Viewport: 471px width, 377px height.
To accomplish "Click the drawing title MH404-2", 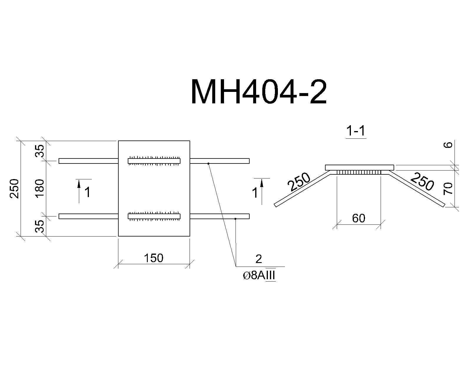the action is pyautogui.click(x=259, y=92).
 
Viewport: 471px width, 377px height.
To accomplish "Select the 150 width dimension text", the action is pyautogui.click(x=154, y=258).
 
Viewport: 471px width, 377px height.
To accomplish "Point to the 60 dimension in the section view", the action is pyautogui.click(x=359, y=218).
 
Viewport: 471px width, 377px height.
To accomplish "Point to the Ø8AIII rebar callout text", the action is pyautogui.click(x=259, y=276).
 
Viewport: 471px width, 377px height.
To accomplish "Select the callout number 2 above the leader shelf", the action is pyautogui.click(x=259, y=259).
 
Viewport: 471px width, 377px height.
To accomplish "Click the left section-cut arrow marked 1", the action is pyautogui.click(x=79, y=191).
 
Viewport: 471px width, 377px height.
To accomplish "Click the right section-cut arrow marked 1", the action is pyautogui.click(x=262, y=191).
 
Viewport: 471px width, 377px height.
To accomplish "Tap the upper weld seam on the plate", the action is pyautogui.click(x=154, y=161).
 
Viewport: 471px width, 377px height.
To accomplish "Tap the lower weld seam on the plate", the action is pyautogui.click(x=154, y=216).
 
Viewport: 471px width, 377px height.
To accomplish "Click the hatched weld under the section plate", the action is pyautogui.click(x=359, y=173).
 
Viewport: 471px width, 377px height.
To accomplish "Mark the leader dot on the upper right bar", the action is pyautogui.click(x=208, y=163).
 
